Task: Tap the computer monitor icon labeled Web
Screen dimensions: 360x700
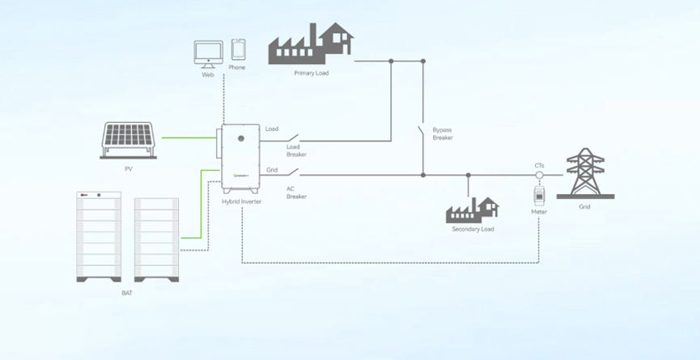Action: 208,53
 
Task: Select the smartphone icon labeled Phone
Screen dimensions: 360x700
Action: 238,49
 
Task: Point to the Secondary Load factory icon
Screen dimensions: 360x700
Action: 473,210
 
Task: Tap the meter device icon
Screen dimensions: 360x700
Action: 539,196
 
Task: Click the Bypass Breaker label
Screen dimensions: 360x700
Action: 443,133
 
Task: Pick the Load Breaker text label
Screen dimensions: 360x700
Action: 296,150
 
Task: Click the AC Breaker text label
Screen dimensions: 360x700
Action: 296,193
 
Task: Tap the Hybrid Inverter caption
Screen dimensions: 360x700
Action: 241,200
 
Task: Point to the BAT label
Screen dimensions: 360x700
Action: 126,293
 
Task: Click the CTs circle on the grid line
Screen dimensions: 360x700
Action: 539,174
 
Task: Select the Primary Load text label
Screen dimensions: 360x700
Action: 312,73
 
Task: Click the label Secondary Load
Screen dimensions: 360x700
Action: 473,229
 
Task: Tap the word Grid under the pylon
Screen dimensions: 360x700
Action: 584,207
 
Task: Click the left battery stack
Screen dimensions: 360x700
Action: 99,235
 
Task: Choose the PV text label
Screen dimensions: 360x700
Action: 128,169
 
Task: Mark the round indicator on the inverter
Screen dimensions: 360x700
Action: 240,139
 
